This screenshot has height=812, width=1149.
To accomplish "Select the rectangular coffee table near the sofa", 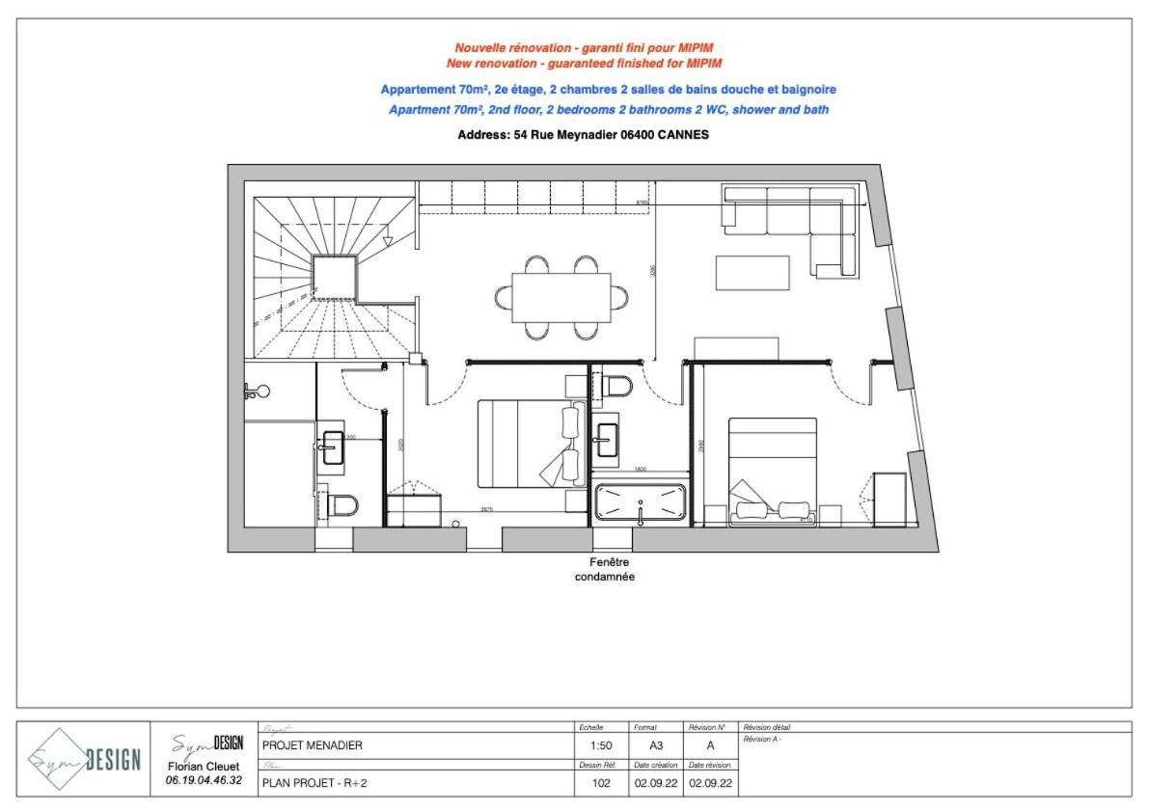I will tap(752, 272).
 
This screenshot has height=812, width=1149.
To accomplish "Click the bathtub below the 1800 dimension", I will tap(641, 502).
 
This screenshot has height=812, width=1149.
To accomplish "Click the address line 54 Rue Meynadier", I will tap(583, 135).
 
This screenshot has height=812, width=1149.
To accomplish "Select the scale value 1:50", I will tap(600, 745).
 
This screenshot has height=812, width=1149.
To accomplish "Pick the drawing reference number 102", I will tap(601, 783).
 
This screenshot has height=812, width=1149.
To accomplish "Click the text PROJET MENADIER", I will tap(313, 745).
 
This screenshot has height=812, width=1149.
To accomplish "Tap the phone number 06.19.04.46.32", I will tap(204, 780).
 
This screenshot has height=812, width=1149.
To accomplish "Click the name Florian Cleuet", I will tap(204, 767).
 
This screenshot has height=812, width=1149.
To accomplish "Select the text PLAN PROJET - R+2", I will tap(315, 783).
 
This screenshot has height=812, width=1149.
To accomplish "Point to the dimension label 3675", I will tap(488, 509).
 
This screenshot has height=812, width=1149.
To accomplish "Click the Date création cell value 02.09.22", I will tap(657, 783).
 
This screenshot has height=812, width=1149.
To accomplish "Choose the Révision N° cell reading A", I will tap(710, 745).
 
